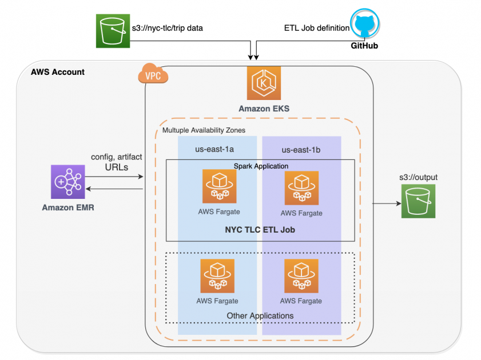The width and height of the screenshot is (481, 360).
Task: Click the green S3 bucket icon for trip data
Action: [x=112, y=30]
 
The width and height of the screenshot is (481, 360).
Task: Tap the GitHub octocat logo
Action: [x=364, y=23]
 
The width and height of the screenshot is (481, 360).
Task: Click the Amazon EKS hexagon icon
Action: [x=264, y=83]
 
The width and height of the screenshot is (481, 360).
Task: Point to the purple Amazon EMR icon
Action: [x=67, y=182]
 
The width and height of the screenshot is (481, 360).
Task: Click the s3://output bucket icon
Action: [x=418, y=201]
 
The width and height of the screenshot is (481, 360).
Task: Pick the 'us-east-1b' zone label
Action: [x=301, y=150]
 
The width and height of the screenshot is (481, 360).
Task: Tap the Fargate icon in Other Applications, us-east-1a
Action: [x=217, y=275]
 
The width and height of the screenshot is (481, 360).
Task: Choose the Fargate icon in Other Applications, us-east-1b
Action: [x=301, y=275]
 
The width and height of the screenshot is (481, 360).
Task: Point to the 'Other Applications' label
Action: [x=260, y=315]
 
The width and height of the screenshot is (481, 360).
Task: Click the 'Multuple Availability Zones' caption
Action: [x=204, y=130]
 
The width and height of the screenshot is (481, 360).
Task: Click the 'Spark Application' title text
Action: [x=261, y=166]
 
